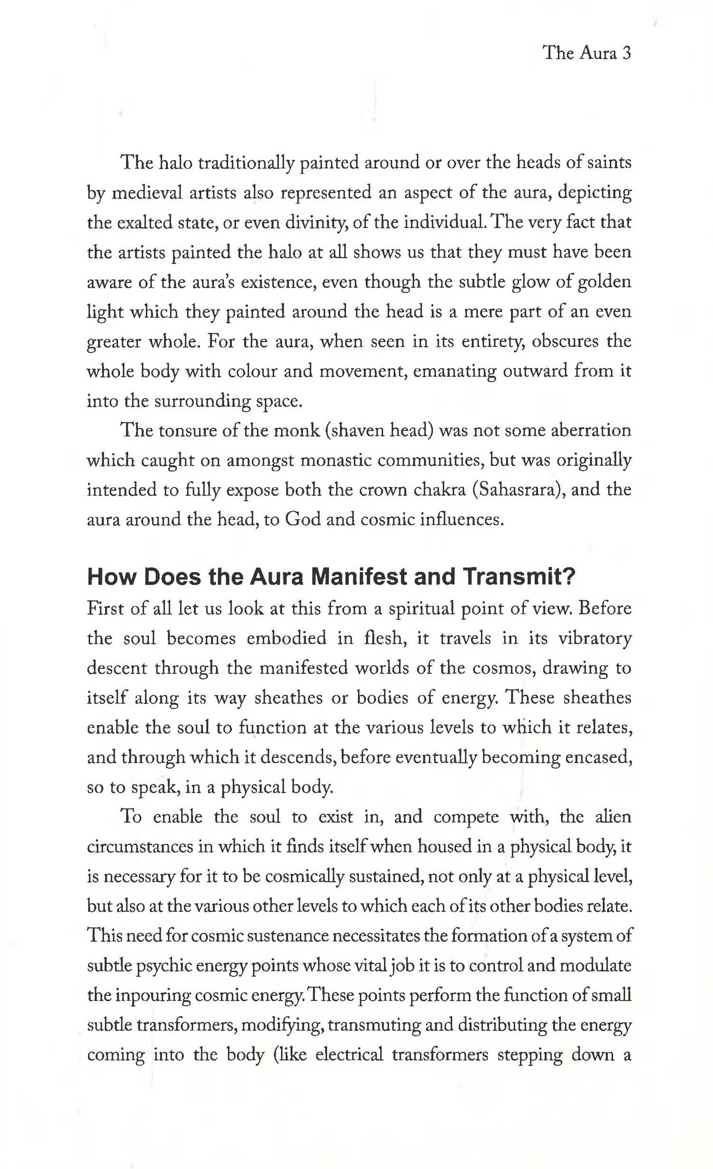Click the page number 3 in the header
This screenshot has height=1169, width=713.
coord(626,53)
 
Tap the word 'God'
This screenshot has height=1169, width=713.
coord(303,520)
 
